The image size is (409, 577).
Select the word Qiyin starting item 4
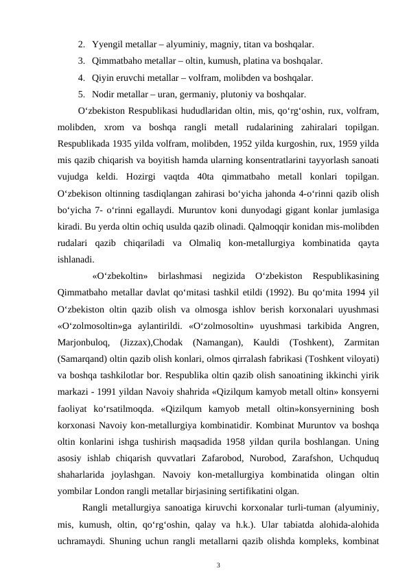coord(103,77)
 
